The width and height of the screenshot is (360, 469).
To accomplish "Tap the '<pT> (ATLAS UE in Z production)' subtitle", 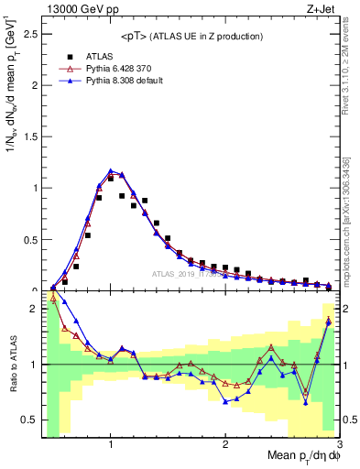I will click(191, 36).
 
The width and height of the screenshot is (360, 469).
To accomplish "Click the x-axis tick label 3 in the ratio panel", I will click(338, 444).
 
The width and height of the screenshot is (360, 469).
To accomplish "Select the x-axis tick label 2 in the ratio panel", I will click(225, 444).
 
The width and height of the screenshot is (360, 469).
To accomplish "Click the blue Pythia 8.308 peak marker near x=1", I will click(111, 170).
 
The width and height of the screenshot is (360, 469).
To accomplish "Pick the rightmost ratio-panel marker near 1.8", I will click(328, 321).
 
